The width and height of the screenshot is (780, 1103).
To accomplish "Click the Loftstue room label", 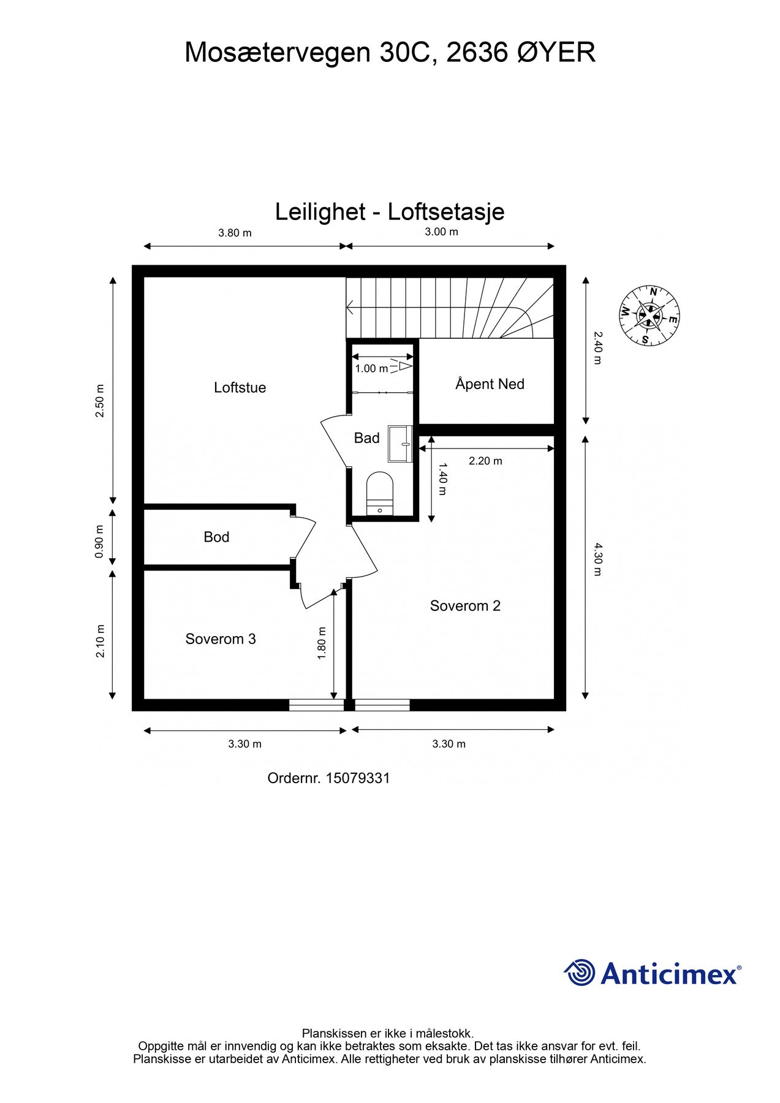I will pyautogui.click(x=240, y=387).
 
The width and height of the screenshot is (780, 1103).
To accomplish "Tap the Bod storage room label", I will pyautogui.click(x=216, y=537).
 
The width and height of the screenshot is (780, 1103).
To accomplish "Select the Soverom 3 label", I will pyautogui.click(x=220, y=639).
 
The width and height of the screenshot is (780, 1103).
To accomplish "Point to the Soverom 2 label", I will pyautogui.click(x=465, y=606).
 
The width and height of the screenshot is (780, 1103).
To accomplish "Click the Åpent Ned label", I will pyautogui.click(x=490, y=384).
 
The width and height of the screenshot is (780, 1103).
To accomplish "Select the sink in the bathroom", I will pyautogui.click(x=400, y=443).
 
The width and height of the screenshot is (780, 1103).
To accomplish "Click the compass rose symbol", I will pyautogui.click(x=649, y=316).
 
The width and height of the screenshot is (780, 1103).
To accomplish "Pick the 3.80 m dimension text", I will pyautogui.click(x=235, y=233).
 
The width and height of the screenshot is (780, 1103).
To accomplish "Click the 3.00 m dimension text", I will pyautogui.click(x=442, y=232).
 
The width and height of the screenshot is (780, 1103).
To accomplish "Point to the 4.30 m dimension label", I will pyautogui.click(x=598, y=559).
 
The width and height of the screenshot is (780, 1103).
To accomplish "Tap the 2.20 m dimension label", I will pyautogui.click(x=485, y=461).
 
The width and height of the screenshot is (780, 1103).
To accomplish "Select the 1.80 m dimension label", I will pyautogui.click(x=322, y=643).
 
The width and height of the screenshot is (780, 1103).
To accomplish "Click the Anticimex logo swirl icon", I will pyautogui.click(x=580, y=972).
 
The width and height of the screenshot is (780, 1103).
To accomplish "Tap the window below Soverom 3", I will pyautogui.click(x=316, y=705).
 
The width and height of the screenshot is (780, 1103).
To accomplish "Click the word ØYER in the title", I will pyautogui.click(x=556, y=53).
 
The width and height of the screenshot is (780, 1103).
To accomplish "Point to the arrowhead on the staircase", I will pyautogui.click(x=350, y=306).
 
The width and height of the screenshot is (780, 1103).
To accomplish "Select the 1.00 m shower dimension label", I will pyautogui.click(x=371, y=369).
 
